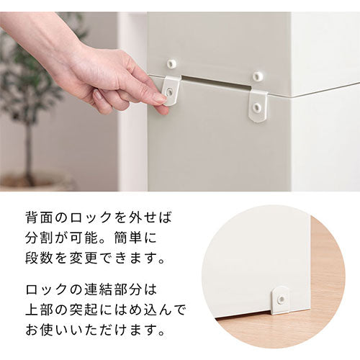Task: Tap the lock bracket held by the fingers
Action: [x=170, y=89]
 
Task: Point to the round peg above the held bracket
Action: [x=171, y=63]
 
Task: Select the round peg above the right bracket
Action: [x=258, y=75]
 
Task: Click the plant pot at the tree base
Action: [x=32, y=184]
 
